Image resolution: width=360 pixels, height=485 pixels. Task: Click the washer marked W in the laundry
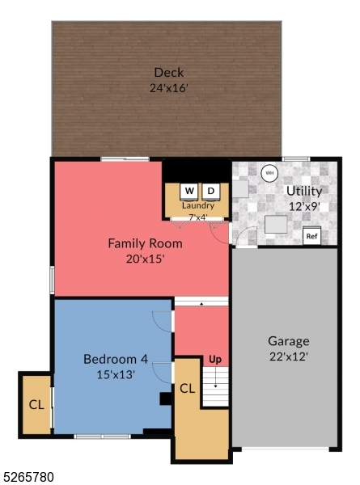click(189, 191)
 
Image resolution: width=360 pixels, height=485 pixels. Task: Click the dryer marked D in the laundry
click(210, 191)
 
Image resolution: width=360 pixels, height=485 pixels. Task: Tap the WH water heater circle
click(268, 172)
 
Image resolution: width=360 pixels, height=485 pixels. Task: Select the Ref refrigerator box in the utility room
click(311, 236)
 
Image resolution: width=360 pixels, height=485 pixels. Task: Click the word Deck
click(168, 73)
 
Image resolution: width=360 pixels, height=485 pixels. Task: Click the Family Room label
click(145, 242)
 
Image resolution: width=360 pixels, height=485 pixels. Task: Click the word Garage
click(289, 340)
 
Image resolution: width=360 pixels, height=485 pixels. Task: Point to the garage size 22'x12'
click(289, 356)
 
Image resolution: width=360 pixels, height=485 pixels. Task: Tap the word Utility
click(303, 192)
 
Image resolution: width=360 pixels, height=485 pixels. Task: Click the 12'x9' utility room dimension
click(303, 206)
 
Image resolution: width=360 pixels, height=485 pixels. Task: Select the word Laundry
click(197, 205)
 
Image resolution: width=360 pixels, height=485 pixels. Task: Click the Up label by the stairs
click(215, 358)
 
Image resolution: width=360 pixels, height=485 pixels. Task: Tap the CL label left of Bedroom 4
click(36, 404)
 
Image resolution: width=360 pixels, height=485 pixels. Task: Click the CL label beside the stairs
click(188, 389)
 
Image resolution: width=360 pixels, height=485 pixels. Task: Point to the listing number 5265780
click(28, 477)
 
